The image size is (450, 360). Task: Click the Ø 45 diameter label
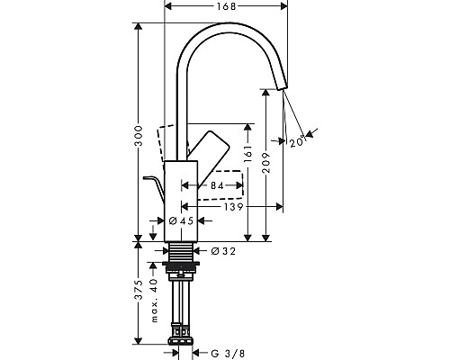183,220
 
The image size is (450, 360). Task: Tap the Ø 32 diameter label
223,251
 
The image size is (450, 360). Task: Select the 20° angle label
298,140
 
